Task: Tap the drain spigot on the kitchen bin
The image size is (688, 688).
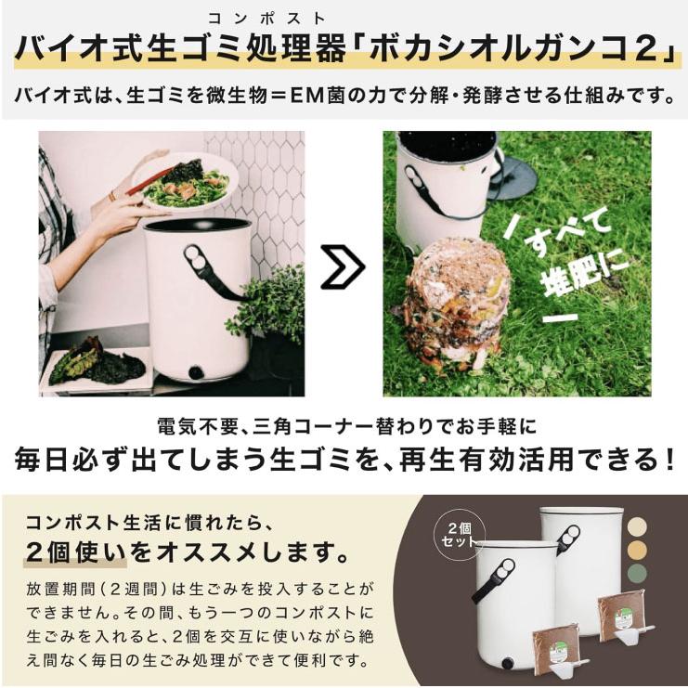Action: click(196, 372)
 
